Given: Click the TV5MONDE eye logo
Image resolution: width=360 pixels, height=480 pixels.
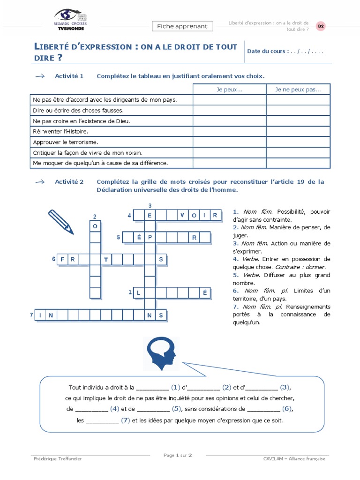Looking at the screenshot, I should pyautogui.click(x=70, y=15).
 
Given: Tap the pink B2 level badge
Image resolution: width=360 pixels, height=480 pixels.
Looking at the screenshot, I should pyautogui.click(x=321, y=26).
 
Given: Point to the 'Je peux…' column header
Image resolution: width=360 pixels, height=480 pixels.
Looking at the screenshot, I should pyautogui.click(x=230, y=89).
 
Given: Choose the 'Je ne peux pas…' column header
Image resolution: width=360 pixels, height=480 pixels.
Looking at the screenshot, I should pyautogui.click(x=298, y=89).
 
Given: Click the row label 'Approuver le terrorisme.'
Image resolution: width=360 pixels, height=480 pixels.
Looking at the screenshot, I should pyautogui.click(x=65, y=142).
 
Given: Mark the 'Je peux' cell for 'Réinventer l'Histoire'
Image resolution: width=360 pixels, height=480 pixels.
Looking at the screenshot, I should pyautogui.click(x=230, y=131).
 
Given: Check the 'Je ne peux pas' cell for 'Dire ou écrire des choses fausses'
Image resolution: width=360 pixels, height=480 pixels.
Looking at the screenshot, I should pyautogui.click(x=298, y=110).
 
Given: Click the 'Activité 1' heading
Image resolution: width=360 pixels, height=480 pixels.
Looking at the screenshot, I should pyautogui.click(x=69, y=76).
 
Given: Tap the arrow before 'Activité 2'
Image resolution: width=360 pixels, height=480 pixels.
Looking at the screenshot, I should pyautogui.click(x=40, y=182).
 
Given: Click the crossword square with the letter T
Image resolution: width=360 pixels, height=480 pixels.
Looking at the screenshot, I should pyautogui.click(x=106, y=259).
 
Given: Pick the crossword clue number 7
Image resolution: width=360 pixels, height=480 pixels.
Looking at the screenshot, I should pyautogui.click(x=31, y=315).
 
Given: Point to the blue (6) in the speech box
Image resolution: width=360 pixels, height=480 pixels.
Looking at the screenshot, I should pyautogui.click(x=287, y=409).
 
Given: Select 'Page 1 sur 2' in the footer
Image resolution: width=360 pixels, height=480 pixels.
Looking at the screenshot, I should pyautogui.click(x=178, y=455).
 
